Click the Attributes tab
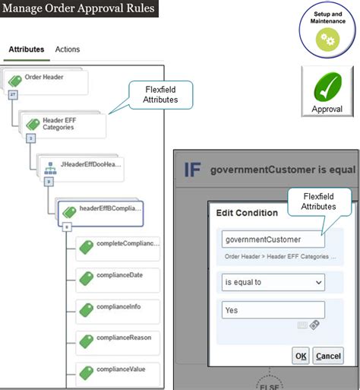[26, 49]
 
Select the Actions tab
[68, 49]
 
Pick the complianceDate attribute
[118, 277]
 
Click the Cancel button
[328, 356]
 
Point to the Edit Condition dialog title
[242, 213]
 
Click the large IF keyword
[192, 169]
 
